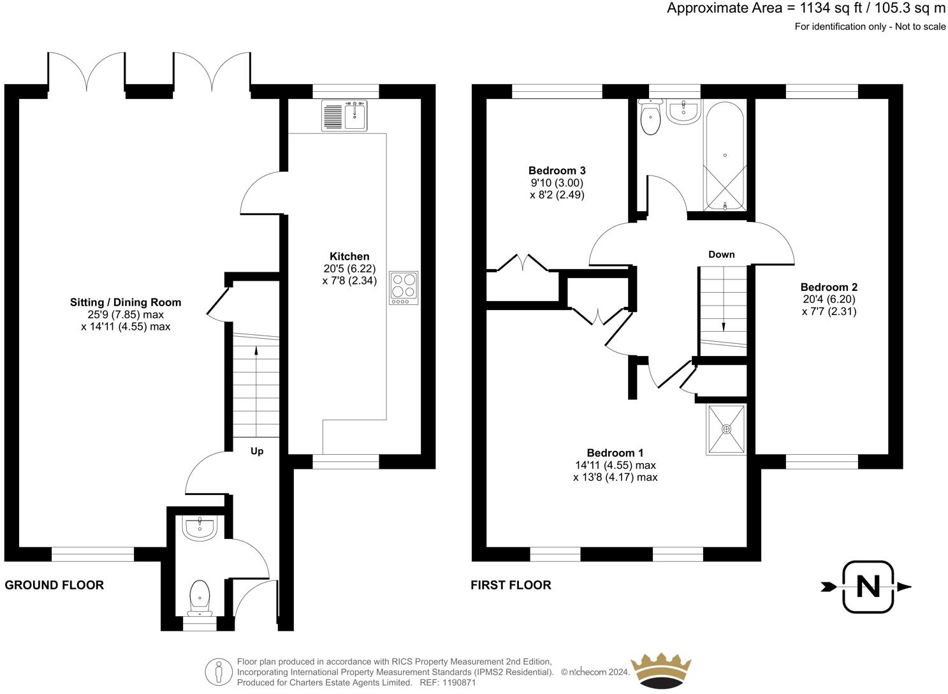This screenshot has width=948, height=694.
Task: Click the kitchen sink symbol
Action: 345,115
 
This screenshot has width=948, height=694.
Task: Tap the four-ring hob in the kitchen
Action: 404,286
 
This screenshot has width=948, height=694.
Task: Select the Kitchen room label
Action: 349,256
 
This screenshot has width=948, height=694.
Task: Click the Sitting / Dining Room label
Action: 126,302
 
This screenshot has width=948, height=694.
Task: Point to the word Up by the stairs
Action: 257,451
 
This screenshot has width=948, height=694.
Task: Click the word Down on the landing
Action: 722,255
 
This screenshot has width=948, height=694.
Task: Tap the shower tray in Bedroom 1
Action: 726,429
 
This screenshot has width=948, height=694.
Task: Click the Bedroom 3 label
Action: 557,170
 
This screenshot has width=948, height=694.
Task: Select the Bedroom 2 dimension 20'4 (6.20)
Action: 829,299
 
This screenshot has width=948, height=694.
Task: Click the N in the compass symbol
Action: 867,587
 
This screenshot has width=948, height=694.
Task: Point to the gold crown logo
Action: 660,670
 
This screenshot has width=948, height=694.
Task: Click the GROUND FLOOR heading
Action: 54,585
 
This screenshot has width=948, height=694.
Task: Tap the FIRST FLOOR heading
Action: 511,585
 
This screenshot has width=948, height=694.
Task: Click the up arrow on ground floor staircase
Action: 256,350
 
